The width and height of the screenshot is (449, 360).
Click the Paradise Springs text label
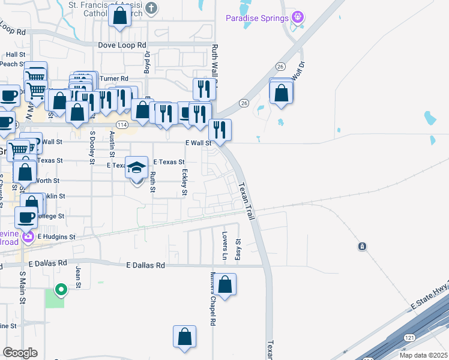click(x=256, y=18)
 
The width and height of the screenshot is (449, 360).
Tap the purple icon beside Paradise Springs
click(x=295, y=17)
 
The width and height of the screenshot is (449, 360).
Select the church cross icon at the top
click(x=152, y=8)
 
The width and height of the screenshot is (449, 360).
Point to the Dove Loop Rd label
click(x=122, y=45)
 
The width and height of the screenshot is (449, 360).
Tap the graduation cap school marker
click(x=137, y=167)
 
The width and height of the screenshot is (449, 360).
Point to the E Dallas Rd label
click(x=146, y=265)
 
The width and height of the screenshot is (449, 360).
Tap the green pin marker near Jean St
click(x=61, y=290)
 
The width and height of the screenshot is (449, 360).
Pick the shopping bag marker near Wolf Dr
click(x=281, y=93)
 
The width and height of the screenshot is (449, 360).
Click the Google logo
click(x=20, y=353)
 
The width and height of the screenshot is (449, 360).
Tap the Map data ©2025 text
click(x=423, y=355)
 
